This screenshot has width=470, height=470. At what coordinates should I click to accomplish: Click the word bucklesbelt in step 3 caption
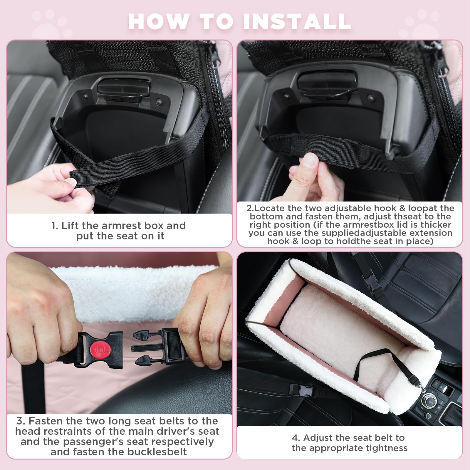click(x=159, y=452)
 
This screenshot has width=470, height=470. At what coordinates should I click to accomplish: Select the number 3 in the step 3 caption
click(x=20, y=421)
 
